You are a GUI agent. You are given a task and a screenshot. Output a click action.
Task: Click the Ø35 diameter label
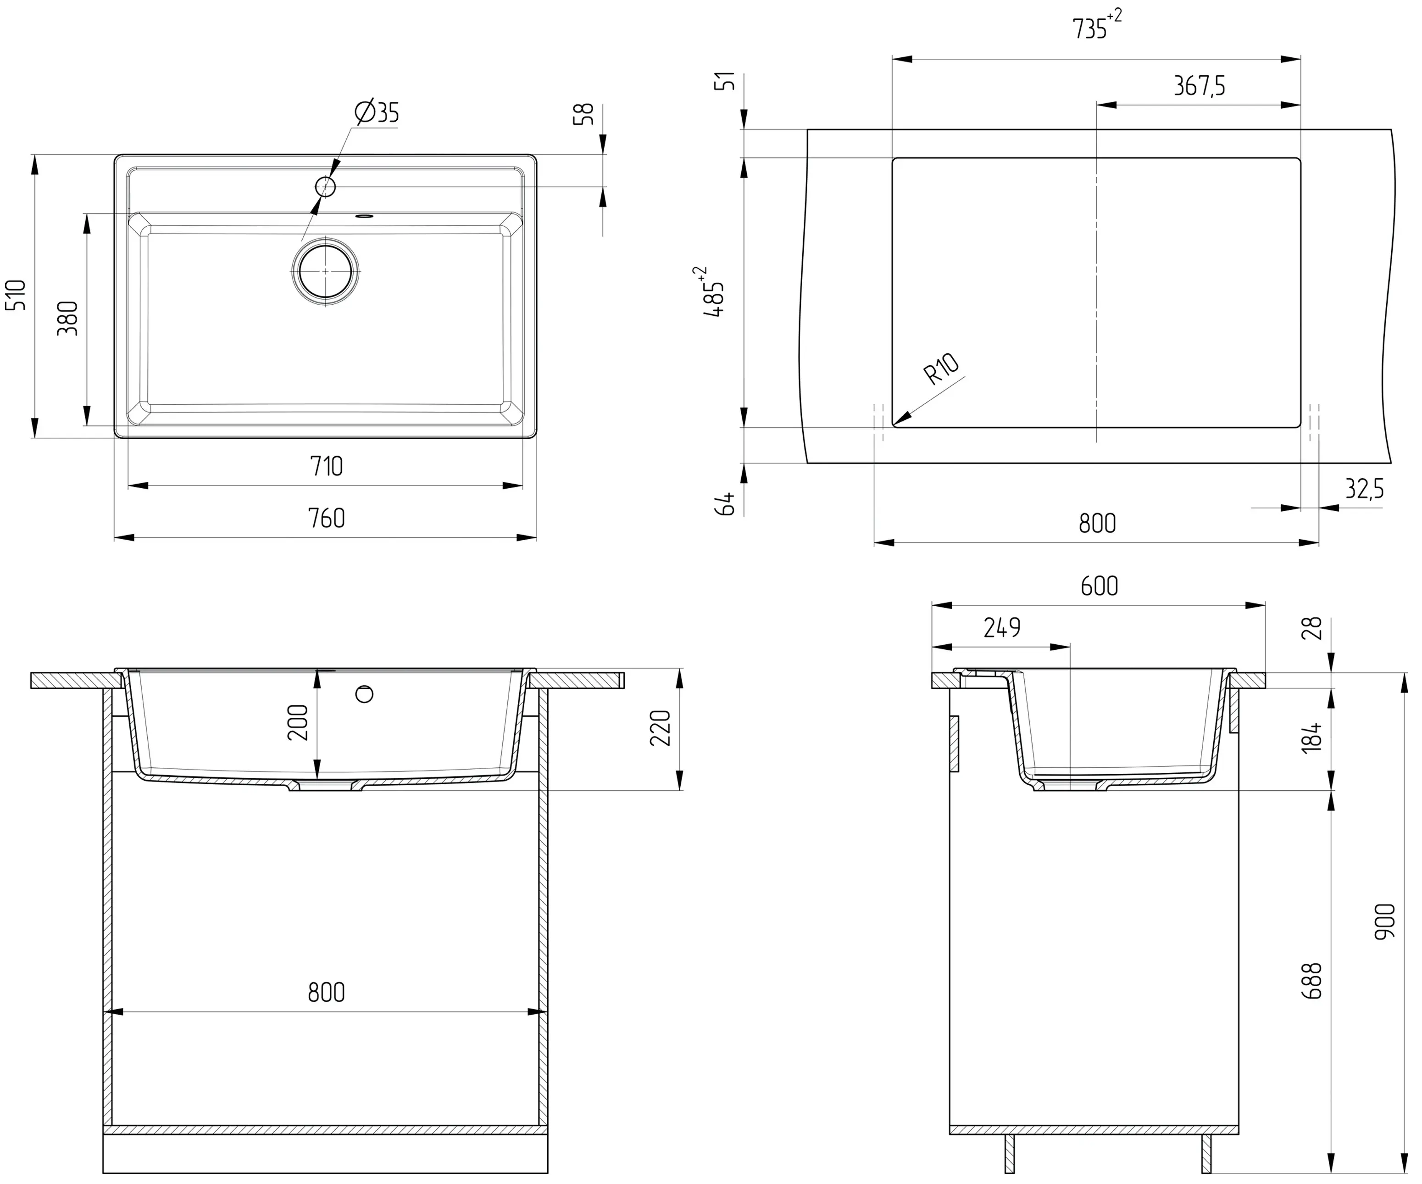point(377,112)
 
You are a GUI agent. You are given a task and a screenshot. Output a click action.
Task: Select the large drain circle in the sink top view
point(326,271)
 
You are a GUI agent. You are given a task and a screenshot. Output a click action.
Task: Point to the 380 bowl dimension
point(68,318)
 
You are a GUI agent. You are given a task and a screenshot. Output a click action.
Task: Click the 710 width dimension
point(327,466)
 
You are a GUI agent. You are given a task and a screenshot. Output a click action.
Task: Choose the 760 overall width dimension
point(327,518)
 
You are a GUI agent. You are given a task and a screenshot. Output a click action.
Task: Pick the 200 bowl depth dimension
point(298,722)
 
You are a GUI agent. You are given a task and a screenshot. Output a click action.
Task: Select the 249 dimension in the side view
point(1002,628)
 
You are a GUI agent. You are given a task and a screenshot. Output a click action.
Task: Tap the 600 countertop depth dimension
point(1099,586)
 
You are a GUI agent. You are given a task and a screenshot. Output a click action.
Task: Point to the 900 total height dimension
point(1385,921)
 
